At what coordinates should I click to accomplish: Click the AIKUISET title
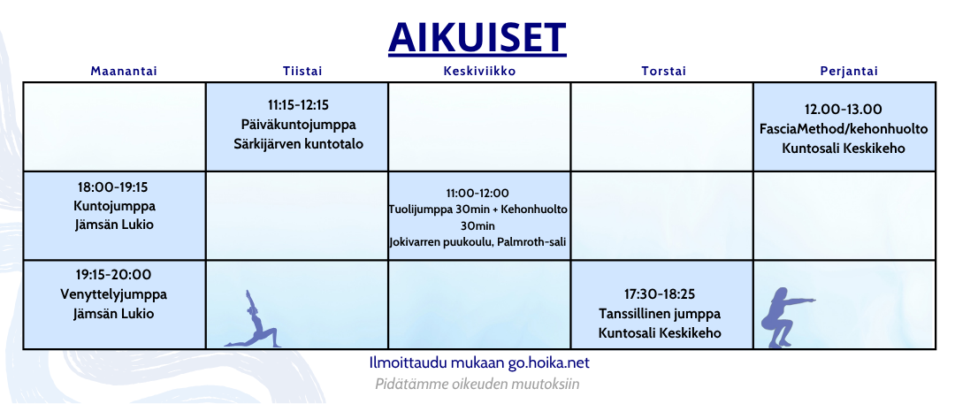[x=477, y=38]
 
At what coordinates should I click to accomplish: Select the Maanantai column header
[x=124, y=72]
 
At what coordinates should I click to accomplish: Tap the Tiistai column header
[x=302, y=72]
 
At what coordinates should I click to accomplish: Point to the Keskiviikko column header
[x=479, y=72]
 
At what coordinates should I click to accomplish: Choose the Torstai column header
[x=663, y=72]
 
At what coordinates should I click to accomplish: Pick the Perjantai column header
[x=849, y=72]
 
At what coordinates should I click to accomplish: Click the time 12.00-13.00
[x=844, y=110]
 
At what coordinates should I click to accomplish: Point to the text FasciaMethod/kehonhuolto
[x=844, y=129]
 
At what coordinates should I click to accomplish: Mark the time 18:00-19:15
[x=113, y=186]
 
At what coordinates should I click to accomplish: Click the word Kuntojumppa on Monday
[x=114, y=206]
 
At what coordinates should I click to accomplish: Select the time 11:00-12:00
[x=478, y=194]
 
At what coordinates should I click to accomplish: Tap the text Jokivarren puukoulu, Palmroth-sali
[x=478, y=242]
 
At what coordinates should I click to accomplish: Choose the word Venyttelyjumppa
[x=114, y=295]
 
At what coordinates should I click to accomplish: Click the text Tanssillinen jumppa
[x=660, y=315]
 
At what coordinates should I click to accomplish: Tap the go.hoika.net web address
[x=549, y=363]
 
